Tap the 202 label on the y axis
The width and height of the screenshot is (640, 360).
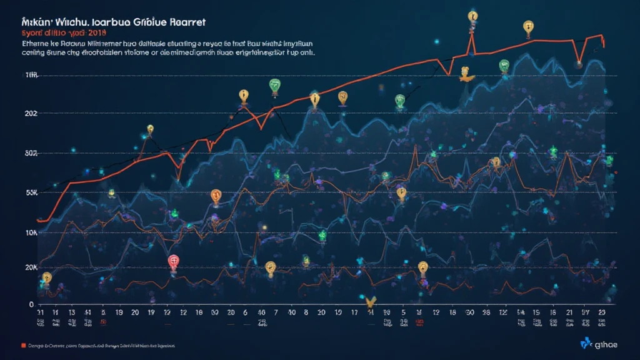click(30, 113)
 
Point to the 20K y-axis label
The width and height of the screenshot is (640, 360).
click(29, 267)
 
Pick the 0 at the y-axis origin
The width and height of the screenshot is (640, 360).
click(31, 304)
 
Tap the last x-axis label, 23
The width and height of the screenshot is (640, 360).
click(602, 313)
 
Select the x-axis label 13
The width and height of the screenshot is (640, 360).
click(72, 313)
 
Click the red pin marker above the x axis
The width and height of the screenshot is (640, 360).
click(174, 262)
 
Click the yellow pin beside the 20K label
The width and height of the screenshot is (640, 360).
click(46, 277)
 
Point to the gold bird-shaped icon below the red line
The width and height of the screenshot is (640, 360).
click(465, 74)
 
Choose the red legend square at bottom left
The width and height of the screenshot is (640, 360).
click(23, 345)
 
